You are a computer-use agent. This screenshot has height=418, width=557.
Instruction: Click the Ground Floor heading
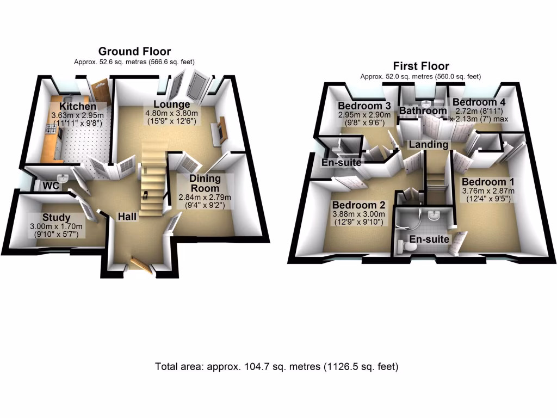click(134, 52)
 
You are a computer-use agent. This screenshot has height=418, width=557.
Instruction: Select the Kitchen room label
click(78, 107)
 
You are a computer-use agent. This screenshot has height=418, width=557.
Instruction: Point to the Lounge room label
click(171, 104)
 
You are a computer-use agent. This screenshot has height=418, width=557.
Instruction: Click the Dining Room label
click(205, 183)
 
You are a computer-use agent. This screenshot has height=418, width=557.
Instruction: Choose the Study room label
click(57, 218)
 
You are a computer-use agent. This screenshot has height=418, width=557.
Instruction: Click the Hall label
click(127, 217)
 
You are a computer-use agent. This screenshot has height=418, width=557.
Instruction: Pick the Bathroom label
click(423, 111)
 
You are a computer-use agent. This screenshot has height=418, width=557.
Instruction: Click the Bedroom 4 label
click(474, 102)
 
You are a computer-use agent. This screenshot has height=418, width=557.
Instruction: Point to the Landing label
click(429, 144)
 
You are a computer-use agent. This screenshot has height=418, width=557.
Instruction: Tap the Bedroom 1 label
click(488, 182)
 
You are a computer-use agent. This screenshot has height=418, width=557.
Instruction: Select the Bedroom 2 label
click(358, 205)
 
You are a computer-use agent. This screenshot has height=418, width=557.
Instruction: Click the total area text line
click(277, 366)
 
